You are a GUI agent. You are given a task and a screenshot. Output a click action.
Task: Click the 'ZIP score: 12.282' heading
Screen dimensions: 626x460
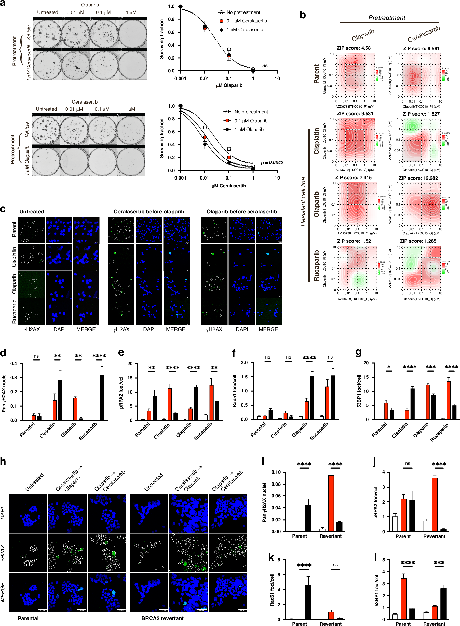[418, 178]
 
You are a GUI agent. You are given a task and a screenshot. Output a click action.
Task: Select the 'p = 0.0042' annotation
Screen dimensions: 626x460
[272, 162]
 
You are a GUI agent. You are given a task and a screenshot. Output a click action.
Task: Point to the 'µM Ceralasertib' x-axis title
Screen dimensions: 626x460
[229, 186]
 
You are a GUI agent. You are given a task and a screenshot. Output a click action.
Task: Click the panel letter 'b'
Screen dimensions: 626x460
[303, 15]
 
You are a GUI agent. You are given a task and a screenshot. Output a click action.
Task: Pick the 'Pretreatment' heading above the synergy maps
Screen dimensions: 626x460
[387, 18]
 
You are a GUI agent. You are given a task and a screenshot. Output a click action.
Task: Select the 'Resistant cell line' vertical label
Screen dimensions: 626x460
[303, 201]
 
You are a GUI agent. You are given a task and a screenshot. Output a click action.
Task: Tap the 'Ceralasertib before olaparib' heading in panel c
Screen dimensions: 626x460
[149, 212]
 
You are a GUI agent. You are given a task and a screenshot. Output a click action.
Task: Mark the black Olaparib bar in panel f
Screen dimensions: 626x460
[312, 398]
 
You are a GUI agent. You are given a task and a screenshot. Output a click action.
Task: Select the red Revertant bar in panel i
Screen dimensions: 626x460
[331, 503]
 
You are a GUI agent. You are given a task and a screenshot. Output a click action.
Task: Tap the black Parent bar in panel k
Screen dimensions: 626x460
[308, 602]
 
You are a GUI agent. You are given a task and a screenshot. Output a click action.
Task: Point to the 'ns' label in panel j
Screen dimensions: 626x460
[408, 463]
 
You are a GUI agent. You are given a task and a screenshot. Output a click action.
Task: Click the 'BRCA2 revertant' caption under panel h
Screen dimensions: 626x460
[162, 618]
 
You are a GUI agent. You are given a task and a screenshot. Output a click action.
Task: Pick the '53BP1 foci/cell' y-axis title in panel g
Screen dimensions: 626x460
[359, 391]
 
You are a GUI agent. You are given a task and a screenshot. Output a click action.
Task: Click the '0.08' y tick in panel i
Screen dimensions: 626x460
[276, 484]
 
